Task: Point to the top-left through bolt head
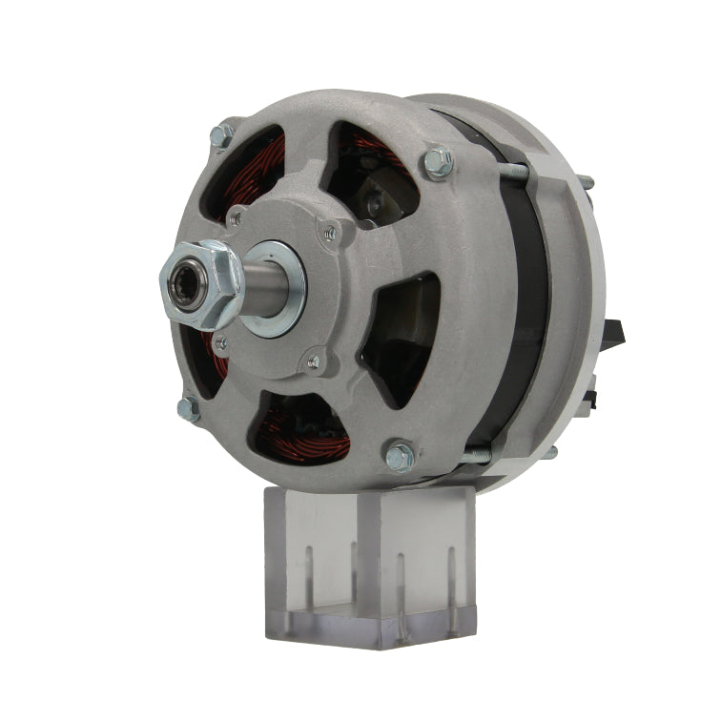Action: [x=222, y=134]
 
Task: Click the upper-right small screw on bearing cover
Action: [x=331, y=230]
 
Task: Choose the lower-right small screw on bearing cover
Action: [x=313, y=361]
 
